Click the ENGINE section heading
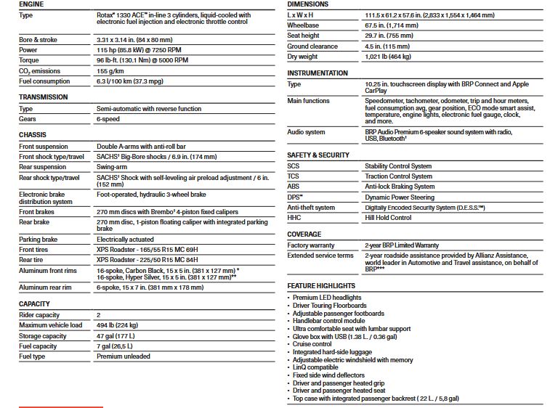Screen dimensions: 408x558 [32, 4]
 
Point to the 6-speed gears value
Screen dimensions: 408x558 [110, 118]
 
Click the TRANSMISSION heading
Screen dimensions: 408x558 [44, 97]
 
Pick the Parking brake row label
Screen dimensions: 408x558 [39, 239]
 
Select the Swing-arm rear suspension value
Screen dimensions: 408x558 [113, 167]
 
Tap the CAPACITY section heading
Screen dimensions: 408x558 [34, 303]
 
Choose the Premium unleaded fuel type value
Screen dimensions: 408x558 [124, 356]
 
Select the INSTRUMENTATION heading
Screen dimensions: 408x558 [318, 73]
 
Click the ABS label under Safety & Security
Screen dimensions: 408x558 [294, 187]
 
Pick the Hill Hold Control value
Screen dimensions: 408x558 [388, 218]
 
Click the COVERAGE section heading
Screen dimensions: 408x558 [304, 234]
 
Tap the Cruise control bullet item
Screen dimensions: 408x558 [314, 344]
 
